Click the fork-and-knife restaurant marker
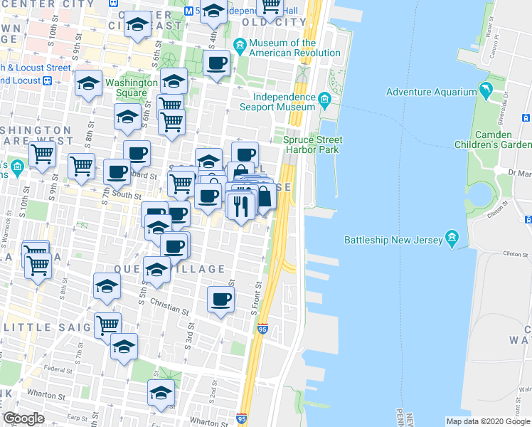click(240, 206)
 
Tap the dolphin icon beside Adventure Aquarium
click(486, 91)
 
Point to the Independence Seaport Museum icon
click(325, 97)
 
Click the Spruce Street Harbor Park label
click(312, 144)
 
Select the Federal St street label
click(56, 369)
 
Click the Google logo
click(23, 418)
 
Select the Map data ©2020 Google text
click(487, 421)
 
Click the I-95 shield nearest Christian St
click(262, 329)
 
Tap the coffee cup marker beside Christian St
click(220, 299)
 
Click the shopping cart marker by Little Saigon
click(107, 325)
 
